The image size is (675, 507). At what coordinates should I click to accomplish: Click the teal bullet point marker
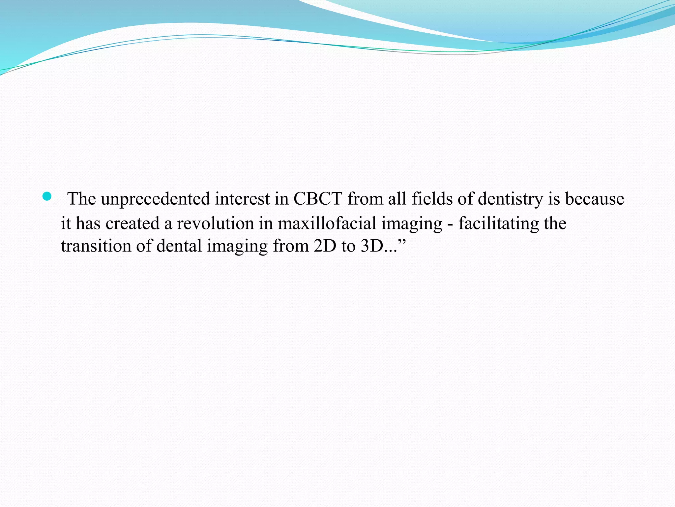(x=47, y=196)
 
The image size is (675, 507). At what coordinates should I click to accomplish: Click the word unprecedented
(x=155, y=199)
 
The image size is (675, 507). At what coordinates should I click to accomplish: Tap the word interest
(x=242, y=199)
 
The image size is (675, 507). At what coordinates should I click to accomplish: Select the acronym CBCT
(x=318, y=199)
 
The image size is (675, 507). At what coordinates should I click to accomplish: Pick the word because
(x=595, y=199)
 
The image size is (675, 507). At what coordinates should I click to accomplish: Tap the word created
(x=132, y=223)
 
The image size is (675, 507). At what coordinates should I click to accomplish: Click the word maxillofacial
(x=327, y=223)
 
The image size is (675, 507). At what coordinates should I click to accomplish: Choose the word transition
(x=96, y=246)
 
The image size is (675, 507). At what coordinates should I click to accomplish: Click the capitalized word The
(x=81, y=199)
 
